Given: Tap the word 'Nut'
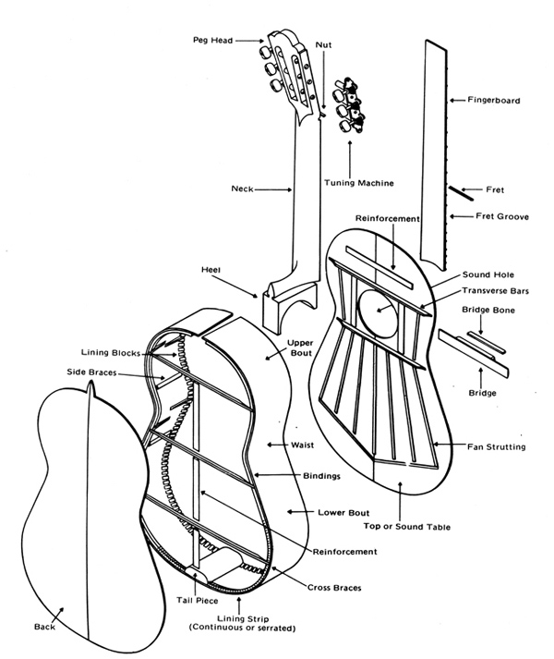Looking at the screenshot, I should point(323,44).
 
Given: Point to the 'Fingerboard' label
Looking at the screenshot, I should point(494,98).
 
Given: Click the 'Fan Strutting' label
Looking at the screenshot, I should point(497,447).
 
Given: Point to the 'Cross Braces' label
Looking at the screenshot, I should point(333,588).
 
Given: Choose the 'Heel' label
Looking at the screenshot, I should point(211,270).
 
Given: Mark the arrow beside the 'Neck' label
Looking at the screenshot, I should point(272,189).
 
